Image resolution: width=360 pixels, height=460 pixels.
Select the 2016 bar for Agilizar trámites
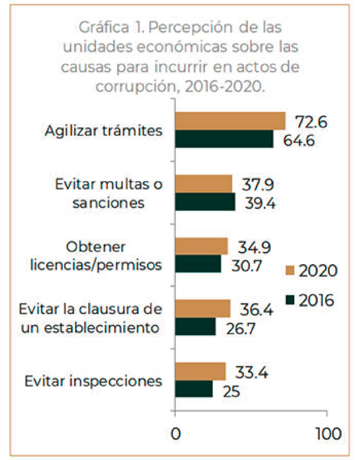pyautogui.click(x=224, y=139)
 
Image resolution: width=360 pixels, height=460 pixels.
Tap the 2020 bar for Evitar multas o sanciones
pyautogui.click(x=203, y=184)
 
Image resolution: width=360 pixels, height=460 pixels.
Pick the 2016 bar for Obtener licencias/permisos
pyautogui.click(x=198, y=264)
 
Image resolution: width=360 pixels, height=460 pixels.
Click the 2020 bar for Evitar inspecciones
pyautogui.click(x=200, y=372)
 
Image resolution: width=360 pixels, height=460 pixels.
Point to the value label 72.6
pyautogui.click(x=311, y=122)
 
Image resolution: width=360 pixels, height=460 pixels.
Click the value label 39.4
pyautogui.click(x=260, y=203)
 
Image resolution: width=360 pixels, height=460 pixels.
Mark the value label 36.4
pyautogui.click(x=257, y=310)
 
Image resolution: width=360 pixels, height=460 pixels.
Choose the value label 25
pyautogui.click(x=230, y=391)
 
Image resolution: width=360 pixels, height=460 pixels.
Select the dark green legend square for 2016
pyautogui.click(x=290, y=299)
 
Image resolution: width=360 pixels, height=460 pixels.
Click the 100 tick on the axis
pyautogui.click(x=327, y=434)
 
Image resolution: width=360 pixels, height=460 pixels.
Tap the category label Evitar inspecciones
pyautogui.click(x=93, y=381)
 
